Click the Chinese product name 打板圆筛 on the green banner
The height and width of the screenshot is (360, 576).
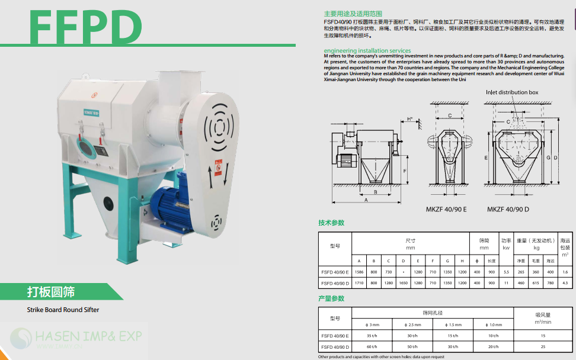tap(51, 292)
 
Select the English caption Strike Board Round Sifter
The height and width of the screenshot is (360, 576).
tap(63, 310)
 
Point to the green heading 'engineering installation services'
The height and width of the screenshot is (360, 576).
tap(367, 50)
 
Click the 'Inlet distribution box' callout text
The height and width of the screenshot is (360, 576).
tap(512, 92)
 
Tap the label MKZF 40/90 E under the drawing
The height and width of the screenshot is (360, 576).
tap(446, 209)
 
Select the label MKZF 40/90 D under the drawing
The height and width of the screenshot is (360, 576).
tap(508, 209)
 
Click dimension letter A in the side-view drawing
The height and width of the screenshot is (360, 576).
tap(366, 200)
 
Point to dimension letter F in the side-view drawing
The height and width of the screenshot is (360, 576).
tap(405, 170)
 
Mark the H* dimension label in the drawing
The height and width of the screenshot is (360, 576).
tap(410, 119)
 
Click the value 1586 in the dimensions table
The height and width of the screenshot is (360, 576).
tap(359, 272)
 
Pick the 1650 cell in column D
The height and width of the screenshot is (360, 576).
tap(403, 283)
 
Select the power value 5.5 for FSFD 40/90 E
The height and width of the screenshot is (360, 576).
tap(506, 272)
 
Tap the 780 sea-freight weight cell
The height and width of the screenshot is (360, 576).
tap(551, 283)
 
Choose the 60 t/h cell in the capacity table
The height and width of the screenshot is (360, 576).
tap(372, 346)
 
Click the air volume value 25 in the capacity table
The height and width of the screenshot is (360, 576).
tap(543, 346)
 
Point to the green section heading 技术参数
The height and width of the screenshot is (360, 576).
tap(331, 223)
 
